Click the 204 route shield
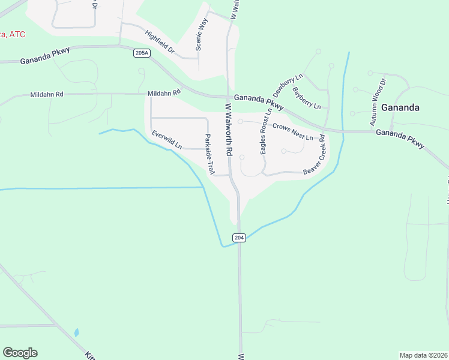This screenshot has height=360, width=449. pos(240,238)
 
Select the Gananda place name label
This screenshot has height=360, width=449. pos(400,107)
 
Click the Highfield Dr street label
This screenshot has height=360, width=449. pos(159,43)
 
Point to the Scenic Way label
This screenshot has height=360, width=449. pos(202,34)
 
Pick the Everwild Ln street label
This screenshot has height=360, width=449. pos(167,140)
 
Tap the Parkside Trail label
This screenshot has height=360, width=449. pos(209,154)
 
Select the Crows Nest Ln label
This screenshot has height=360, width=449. pos(293,131)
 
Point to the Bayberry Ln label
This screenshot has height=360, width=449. pos(307,98)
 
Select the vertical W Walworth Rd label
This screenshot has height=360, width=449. pos(229,130)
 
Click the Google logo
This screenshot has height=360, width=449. pos(20,353)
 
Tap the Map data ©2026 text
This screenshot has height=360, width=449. pos(424,355)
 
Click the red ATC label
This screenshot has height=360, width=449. pos(13,35)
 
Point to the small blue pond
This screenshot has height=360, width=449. pos(76,332)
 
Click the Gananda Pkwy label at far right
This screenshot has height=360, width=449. pos(400,138)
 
